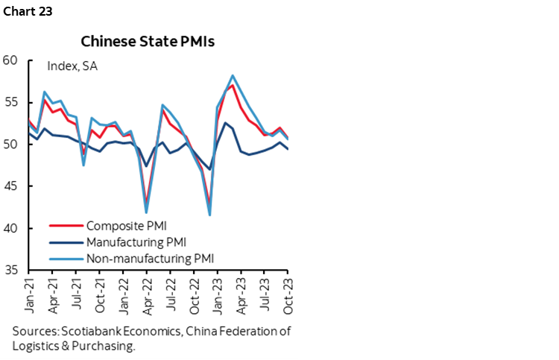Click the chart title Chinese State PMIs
148,41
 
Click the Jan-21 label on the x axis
28,296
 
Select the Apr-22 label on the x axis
148,296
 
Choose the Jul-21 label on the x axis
76,296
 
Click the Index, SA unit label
72,66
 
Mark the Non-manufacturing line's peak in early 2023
233,75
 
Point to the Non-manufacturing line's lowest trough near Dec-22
209,215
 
